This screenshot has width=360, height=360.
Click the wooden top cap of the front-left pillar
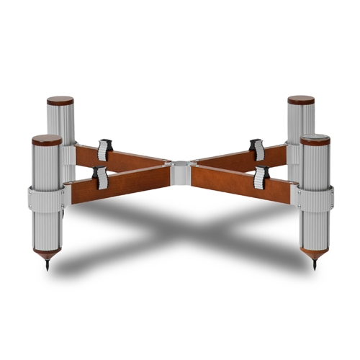(x=47, y=139)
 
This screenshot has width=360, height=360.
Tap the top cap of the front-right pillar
(x=315, y=138)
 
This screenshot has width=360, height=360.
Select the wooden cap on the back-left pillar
(x=60, y=101)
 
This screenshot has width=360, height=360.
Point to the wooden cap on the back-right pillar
(x=301, y=100)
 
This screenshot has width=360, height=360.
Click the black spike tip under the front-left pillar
(x=47, y=266)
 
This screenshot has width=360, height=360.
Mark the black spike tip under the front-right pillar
(x=315, y=266)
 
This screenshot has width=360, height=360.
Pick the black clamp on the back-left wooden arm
(x=106, y=148)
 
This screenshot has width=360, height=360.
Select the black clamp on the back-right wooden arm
(x=256, y=148)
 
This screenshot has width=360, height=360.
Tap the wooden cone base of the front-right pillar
(x=315, y=254)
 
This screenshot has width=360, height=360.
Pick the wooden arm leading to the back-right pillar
(x=230, y=159)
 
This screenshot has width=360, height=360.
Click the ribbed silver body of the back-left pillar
(x=60, y=126)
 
